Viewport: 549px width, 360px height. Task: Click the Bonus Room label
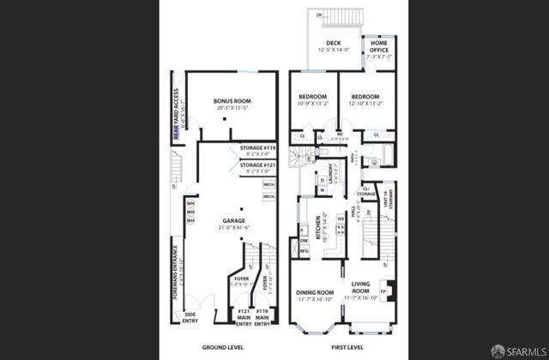pos(230,101)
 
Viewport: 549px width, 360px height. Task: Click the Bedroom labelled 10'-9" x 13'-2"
pos(312,97)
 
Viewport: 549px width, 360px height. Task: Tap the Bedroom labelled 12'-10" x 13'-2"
pos(365,97)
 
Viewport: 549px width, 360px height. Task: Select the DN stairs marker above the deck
pos(319,15)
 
